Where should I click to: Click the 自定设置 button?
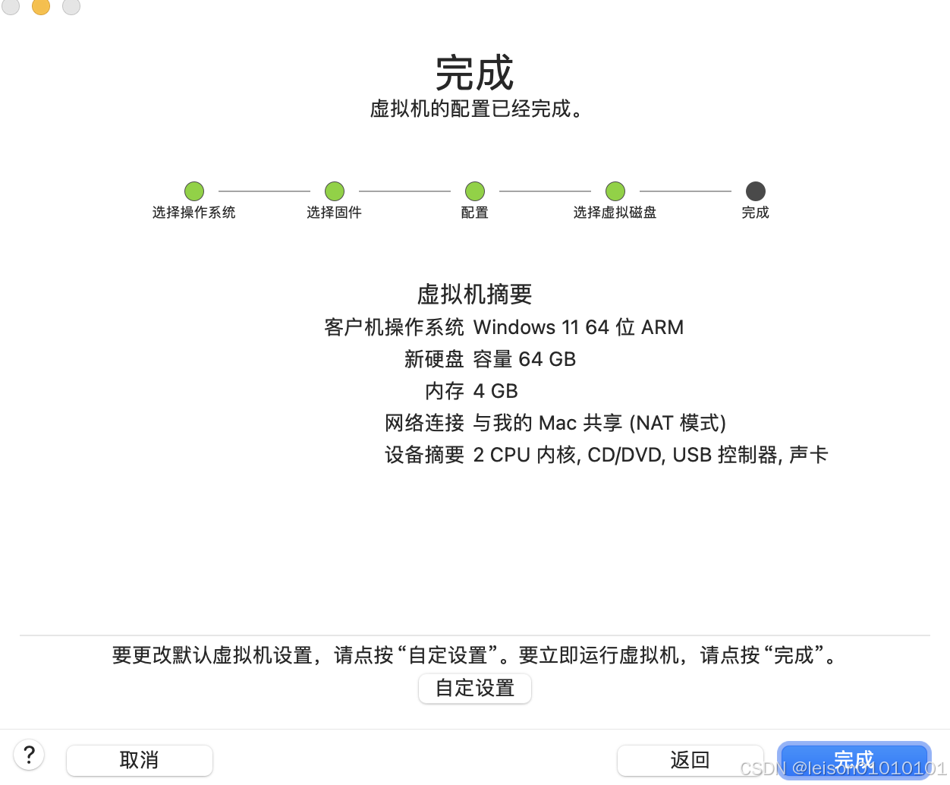[x=474, y=689]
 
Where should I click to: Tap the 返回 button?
[x=690, y=760]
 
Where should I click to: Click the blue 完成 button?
[x=854, y=760]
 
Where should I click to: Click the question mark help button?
[x=29, y=755]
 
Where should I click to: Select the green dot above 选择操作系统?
[x=194, y=191]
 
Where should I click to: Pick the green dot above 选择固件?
[x=335, y=191]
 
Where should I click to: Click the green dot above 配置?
[x=475, y=191]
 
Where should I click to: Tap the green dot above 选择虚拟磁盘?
[x=615, y=191]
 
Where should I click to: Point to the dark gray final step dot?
[x=756, y=191]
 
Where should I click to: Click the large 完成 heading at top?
[x=474, y=74]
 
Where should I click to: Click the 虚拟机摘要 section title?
[x=474, y=295]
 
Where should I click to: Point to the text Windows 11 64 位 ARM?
[x=578, y=327]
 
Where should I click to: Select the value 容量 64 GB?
[x=524, y=359]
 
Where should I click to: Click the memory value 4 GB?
[x=495, y=391]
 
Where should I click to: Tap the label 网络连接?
[x=424, y=423]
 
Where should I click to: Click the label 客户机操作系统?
[x=394, y=327]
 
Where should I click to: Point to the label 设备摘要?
[x=424, y=455]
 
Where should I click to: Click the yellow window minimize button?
[x=41, y=6]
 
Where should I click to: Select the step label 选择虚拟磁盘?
[x=615, y=213]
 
